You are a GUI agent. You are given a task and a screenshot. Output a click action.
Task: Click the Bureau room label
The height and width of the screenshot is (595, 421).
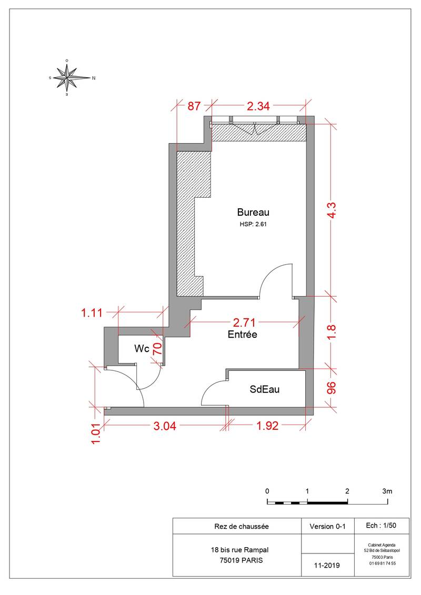[x=253, y=211]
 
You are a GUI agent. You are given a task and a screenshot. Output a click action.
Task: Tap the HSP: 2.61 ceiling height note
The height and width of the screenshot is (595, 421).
[x=253, y=224]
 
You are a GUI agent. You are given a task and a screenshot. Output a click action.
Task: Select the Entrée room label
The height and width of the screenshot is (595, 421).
[x=242, y=334]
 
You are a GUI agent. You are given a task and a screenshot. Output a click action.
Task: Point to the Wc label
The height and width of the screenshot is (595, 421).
[x=142, y=348]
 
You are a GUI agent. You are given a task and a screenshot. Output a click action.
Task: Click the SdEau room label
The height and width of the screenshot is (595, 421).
[x=265, y=389]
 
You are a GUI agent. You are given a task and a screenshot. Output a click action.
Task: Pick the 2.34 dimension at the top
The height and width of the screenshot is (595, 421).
[x=258, y=106]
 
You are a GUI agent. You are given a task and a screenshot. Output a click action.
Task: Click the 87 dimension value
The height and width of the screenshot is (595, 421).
[x=194, y=106]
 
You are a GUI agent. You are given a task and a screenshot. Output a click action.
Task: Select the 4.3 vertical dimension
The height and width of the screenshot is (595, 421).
[x=331, y=210]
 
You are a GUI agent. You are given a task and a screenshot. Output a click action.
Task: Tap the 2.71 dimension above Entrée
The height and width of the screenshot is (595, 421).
[x=244, y=322]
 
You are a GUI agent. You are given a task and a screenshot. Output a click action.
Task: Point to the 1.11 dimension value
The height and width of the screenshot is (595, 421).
[x=92, y=313]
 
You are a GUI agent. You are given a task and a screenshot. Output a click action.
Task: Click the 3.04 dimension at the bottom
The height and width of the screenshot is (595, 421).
[x=165, y=426]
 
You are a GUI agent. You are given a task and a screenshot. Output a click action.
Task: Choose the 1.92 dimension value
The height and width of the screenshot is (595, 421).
[x=267, y=426]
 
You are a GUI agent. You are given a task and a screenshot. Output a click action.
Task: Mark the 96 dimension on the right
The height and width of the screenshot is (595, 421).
[x=331, y=388]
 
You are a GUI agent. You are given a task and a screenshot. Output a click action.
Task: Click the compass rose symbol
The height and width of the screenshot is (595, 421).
[x=67, y=77]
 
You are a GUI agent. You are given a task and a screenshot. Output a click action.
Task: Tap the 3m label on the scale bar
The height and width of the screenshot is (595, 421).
[x=387, y=491]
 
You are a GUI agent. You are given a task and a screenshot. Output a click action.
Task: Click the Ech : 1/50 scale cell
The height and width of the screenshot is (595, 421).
[x=381, y=526]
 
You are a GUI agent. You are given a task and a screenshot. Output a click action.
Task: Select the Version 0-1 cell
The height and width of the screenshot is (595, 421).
[x=328, y=526]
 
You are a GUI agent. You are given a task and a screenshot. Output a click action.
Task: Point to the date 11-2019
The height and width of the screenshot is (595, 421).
[x=327, y=566]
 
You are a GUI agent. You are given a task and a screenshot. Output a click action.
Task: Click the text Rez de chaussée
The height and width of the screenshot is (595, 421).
[x=242, y=526]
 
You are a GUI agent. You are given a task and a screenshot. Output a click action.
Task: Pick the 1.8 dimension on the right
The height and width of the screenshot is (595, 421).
[x=331, y=332]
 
